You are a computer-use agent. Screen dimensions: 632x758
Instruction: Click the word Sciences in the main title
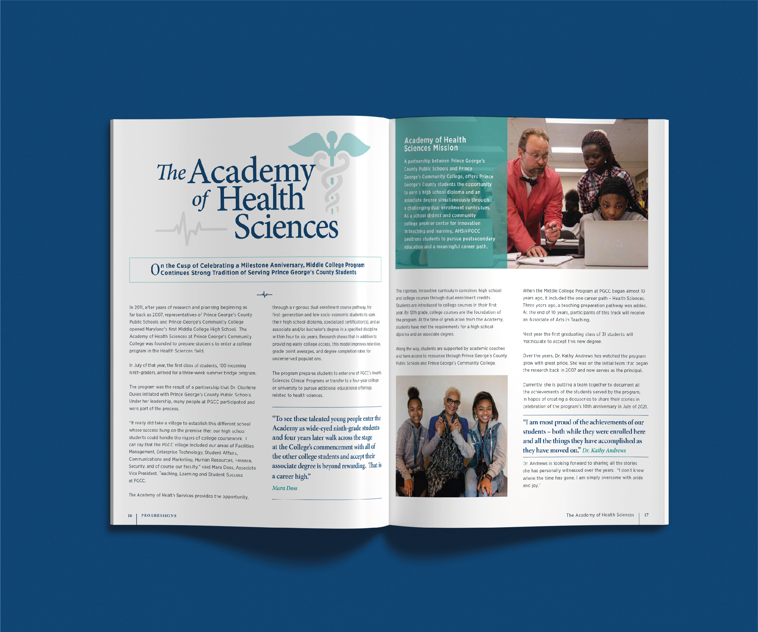pos(286,227)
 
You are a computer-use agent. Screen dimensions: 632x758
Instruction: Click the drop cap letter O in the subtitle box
pos(155,269)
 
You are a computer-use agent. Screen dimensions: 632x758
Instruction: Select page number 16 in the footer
pos(130,515)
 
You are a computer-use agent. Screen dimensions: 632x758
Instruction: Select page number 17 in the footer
pos(646,515)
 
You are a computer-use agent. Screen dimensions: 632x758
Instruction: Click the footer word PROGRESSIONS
pos(159,515)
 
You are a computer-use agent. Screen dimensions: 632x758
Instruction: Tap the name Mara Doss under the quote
pos(284,488)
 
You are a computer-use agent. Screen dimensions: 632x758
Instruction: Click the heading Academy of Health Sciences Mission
pos(435,144)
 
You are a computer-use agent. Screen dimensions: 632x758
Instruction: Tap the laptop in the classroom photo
pos(616,243)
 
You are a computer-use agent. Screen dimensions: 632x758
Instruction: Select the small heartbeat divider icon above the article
pos(265,295)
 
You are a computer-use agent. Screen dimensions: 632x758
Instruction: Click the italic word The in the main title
pos(172,172)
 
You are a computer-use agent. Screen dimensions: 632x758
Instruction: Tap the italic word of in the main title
pos(201,200)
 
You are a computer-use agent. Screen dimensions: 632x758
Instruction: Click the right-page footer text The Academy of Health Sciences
pos(600,515)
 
